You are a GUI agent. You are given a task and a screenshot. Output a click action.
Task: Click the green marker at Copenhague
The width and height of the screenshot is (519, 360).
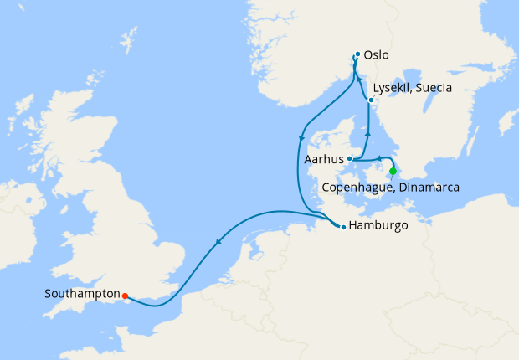click(x=393, y=172)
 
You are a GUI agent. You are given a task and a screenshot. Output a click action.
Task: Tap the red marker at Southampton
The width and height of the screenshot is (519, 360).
click(x=125, y=296)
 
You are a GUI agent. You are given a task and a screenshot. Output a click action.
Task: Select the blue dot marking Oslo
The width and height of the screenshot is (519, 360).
click(x=357, y=55)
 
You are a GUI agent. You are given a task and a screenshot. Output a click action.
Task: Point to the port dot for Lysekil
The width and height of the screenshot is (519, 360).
click(x=371, y=101)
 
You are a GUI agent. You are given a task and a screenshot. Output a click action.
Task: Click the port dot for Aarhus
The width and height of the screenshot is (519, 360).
click(x=350, y=159)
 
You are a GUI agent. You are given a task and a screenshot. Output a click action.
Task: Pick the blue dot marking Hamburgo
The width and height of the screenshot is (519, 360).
click(x=342, y=226)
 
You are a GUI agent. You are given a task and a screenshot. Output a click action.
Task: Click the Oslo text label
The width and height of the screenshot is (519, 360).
click(x=377, y=56)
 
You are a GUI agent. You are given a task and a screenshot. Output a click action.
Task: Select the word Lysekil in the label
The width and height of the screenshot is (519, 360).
click(x=394, y=86)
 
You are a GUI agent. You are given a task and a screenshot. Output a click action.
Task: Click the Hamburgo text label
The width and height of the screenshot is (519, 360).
click(x=378, y=226)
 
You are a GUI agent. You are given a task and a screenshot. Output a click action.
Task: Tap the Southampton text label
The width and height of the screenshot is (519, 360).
click(x=81, y=295)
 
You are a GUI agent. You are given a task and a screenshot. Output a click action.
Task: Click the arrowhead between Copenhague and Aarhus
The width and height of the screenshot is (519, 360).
click(x=378, y=157)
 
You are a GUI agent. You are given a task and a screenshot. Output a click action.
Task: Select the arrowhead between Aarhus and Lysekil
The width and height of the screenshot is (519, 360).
click(x=369, y=131)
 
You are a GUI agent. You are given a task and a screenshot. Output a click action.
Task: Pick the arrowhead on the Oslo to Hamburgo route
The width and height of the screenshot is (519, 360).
click(x=301, y=137)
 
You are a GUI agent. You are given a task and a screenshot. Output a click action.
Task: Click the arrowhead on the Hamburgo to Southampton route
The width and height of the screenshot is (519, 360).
click(x=218, y=243)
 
